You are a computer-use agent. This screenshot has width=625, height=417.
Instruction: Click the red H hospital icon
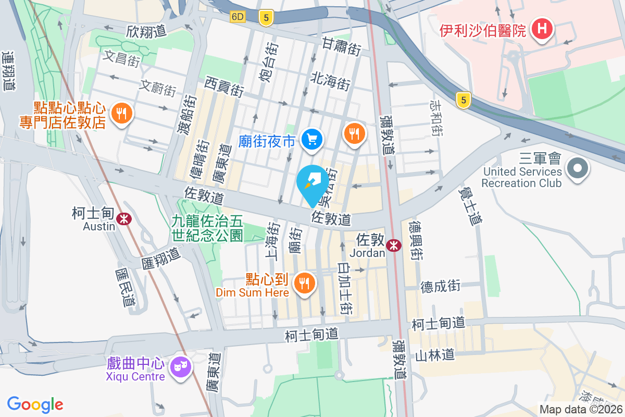pyautogui.click(x=542, y=29)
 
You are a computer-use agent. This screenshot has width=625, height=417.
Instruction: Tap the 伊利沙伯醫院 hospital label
pyautogui.click(x=482, y=31)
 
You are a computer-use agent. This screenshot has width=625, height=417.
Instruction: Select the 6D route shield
pyautogui.click(x=238, y=17)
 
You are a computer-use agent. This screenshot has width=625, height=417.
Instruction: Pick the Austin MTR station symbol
pyautogui.click(x=124, y=219)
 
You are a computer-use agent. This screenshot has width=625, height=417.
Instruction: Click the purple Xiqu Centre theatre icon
pyautogui.click(x=180, y=367)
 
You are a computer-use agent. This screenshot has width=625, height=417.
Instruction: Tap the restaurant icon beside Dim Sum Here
pyautogui.click(x=303, y=283)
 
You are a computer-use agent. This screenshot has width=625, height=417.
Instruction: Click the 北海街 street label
pyautogui.click(x=330, y=81)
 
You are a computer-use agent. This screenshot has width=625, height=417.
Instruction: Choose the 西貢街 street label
pyautogui.click(x=224, y=87)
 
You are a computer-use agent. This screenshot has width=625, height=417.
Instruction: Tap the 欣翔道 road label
pyautogui.click(x=146, y=31)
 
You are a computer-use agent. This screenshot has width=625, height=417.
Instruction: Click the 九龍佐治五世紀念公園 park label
pyautogui.click(x=207, y=228)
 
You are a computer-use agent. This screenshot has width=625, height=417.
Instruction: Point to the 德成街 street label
pyautogui.click(x=441, y=286)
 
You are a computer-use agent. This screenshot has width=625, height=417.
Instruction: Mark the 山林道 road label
pyautogui.click(x=435, y=355)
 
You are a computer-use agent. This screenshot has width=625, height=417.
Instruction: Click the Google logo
pyautogui.click(x=35, y=404)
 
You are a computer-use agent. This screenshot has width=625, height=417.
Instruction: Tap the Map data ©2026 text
pyautogui.click(x=581, y=410)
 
